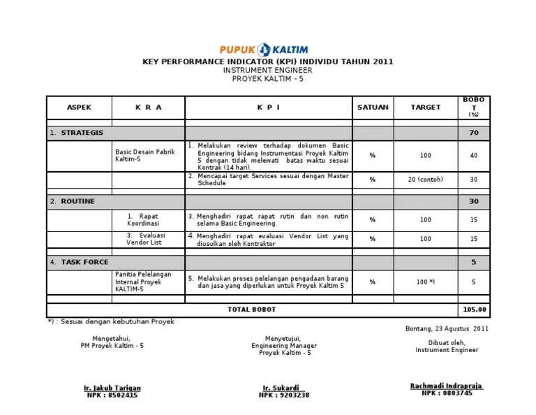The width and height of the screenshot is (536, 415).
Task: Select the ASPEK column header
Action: point(79,107)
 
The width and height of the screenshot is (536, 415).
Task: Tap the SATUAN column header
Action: point(373,107)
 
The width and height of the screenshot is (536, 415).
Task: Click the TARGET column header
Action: point(425,107)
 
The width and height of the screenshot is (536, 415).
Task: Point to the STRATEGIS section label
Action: point(82,133)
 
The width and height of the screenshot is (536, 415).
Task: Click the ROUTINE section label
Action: point(77,201)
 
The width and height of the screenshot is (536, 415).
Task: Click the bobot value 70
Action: point(474,133)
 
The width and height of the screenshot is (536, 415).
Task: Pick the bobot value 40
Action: point(474,156)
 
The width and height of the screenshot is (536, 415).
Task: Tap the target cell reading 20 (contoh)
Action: point(425,180)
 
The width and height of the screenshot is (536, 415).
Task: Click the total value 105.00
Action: point(474,310)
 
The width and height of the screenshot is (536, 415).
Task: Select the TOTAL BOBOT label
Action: point(251,310)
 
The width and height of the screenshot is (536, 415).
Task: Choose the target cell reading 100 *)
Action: point(425,282)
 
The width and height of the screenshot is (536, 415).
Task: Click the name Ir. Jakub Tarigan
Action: point(112,388)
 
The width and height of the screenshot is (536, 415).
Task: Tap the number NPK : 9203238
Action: point(284,395)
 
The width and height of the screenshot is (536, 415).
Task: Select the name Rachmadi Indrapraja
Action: point(447,386)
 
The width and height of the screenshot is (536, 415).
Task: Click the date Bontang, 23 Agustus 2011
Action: point(447,328)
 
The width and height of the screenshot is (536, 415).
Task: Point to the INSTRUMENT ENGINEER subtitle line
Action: point(267,71)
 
